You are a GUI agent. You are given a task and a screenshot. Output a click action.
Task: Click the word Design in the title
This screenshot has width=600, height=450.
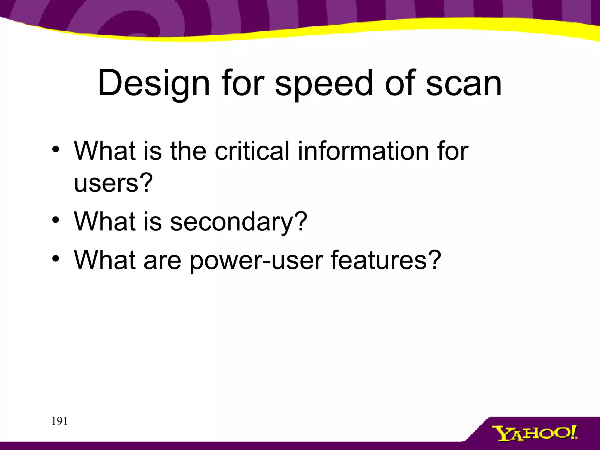pyautogui.click(x=154, y=83)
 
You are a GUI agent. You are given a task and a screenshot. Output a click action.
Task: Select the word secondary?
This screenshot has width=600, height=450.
pyautogui.click(x=239, y=222)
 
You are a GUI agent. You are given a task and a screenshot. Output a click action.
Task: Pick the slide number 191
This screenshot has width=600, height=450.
pyautogui.click(x=59, y=421)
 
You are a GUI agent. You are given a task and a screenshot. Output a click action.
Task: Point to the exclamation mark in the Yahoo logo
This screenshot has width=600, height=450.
pyautogui.click(x=574, y=432)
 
